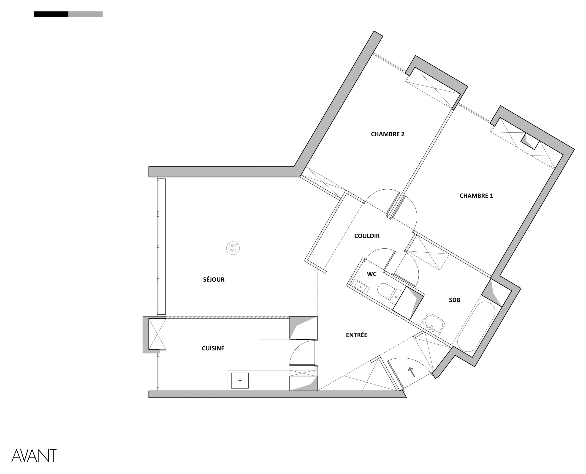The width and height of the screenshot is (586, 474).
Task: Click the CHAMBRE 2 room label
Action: (x=388, y=134)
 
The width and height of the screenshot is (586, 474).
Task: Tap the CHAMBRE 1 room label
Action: (x=476, y=196)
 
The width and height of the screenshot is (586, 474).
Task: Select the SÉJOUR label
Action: (x=214, y=279)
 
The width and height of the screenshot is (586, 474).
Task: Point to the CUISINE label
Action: (x=213, y=348)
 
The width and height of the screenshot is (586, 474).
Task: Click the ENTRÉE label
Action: (x=356, y=335)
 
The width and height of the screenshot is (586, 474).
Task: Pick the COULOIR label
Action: (x=367, y=236)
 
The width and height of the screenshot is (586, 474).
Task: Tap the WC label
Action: (x=372, y=274)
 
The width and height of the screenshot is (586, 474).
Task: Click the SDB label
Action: (x=454, y=300)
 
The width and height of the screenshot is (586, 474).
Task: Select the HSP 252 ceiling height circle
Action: (x=233, y=248)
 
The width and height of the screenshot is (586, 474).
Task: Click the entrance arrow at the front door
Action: (x=411, y=372)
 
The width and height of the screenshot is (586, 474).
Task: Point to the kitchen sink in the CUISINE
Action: (x=240, y=381)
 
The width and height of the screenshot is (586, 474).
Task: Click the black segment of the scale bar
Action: (x=51, y=14)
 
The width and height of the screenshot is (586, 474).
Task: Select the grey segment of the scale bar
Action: (x=85, y=14)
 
